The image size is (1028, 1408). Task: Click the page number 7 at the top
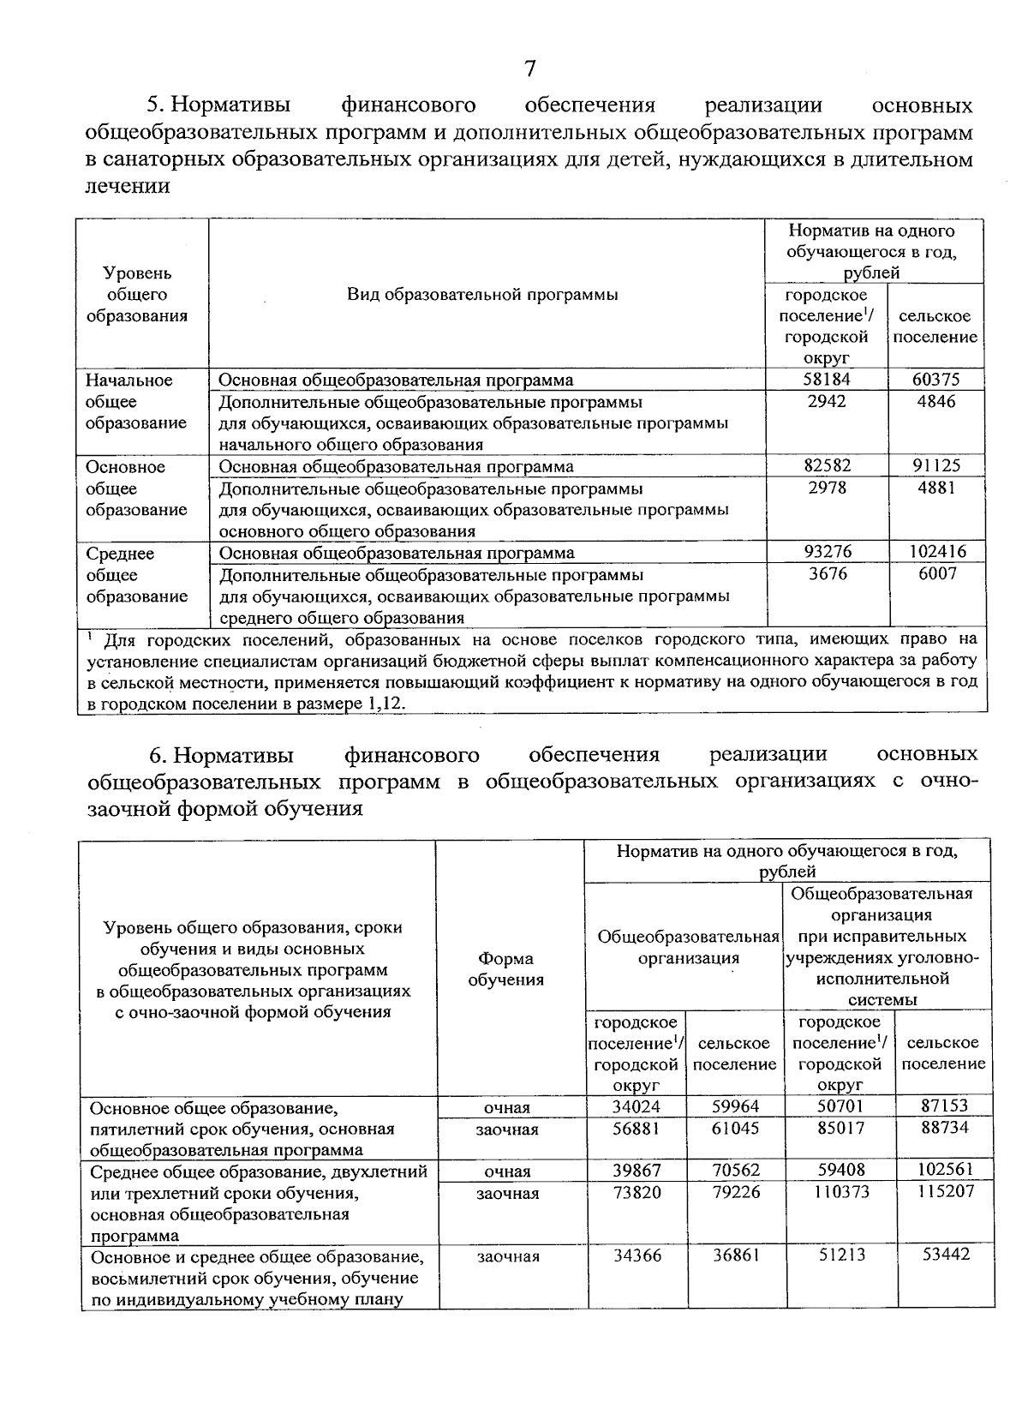tap(530, 68)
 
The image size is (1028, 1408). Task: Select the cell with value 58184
tap(827, 379)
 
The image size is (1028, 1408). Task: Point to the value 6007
tap(936, 573)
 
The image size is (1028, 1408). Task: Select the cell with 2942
tap(827, 401)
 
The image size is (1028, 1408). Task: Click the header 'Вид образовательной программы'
tap(482, 294)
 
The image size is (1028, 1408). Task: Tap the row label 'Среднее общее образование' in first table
tap(137, 574)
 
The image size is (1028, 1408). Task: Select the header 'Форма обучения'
tap(506, 969)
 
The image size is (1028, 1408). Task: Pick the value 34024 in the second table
tap(637, 1106)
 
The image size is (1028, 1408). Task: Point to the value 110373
tap(839, 1191)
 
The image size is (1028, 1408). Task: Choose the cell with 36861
tap(735, 1255)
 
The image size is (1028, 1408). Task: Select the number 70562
tap(735, 1170)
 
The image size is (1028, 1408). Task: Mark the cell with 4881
tap(936, 488)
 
